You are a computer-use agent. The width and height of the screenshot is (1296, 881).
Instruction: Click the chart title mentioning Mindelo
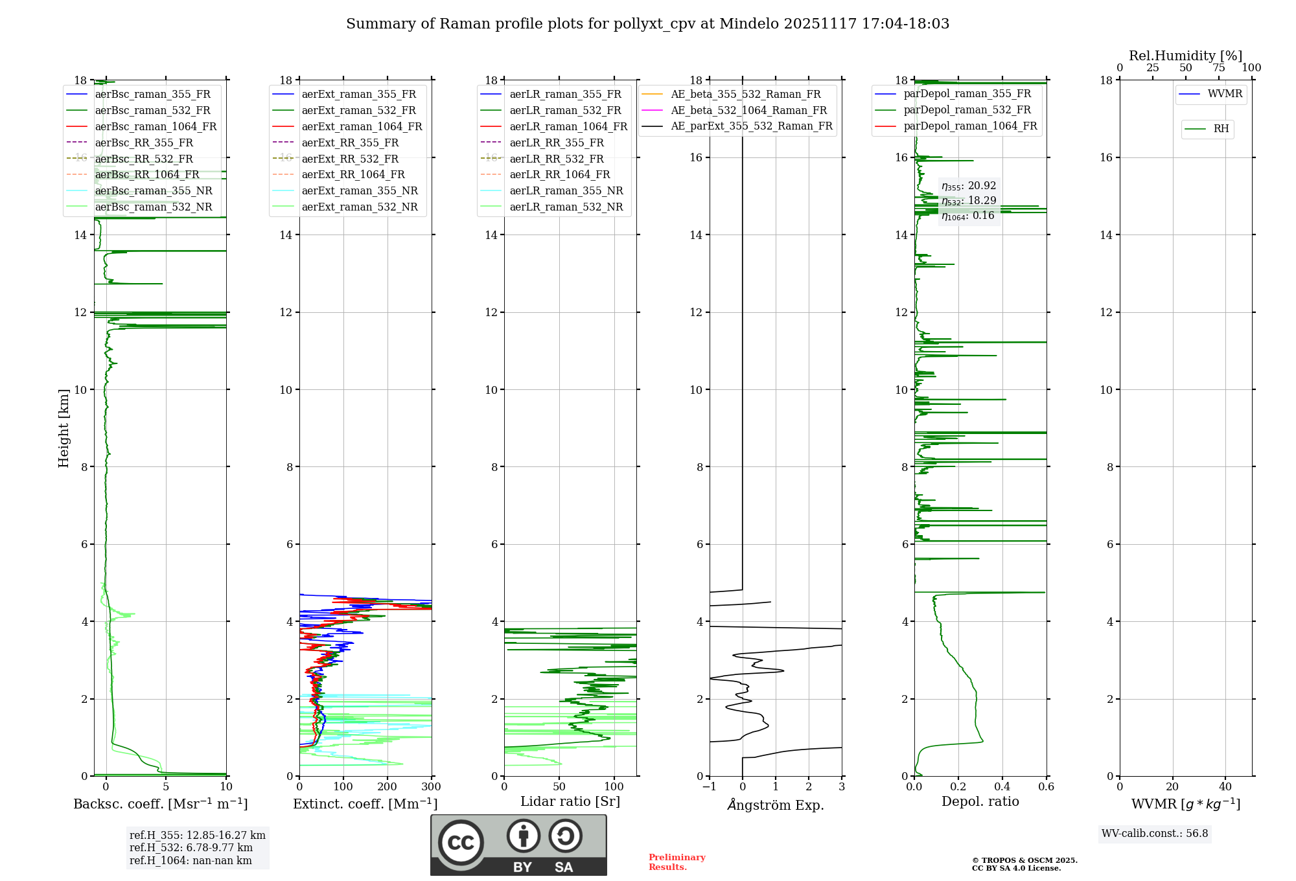[647, 24]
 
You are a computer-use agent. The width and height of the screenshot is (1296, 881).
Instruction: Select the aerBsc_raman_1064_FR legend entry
[156, 126]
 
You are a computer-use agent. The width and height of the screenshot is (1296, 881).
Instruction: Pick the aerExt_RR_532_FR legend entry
[350, 159]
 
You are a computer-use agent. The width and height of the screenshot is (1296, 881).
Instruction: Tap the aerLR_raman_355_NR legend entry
[566, 190]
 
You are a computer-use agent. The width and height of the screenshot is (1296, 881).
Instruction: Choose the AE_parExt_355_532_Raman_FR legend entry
[752, 126]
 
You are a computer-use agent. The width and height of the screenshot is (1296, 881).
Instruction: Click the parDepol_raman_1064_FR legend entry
[970, 126]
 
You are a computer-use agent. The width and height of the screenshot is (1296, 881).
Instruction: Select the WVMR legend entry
[1225, 94]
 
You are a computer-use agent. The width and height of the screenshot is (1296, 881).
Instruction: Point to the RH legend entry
[1221, 129]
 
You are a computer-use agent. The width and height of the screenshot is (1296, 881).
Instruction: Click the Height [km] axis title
[64, 428]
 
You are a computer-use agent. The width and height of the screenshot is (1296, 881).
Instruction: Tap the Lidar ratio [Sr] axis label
[570, 801]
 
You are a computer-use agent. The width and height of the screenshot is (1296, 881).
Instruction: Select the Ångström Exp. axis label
[776, 805]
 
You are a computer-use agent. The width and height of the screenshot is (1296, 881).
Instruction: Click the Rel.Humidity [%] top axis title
[1185, 56]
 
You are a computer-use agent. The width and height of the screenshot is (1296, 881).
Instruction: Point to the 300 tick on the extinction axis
[431, 787]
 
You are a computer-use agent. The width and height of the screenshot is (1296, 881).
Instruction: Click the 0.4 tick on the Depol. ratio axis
[1002, 787]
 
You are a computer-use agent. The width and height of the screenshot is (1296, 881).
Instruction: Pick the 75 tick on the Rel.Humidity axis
[1218, 68]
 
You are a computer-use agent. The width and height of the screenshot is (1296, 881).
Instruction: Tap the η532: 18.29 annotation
[969, 201]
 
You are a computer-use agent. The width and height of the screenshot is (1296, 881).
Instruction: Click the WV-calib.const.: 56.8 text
[1155, 834]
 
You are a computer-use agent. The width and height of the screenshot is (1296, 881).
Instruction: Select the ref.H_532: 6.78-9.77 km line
[191, 847]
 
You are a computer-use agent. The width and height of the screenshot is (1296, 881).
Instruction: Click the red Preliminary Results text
[677, 862]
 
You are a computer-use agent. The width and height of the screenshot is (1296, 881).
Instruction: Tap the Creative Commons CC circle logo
[461, 842]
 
